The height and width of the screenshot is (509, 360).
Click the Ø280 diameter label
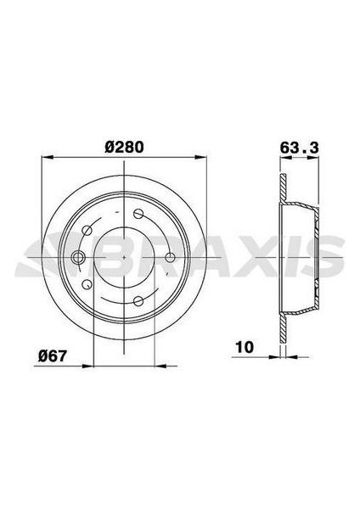pos(124,145)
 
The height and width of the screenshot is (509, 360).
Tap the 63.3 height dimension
pos(299,145)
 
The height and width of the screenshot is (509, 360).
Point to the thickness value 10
pos(244,347)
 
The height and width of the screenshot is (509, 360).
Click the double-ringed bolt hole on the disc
pos(78,258)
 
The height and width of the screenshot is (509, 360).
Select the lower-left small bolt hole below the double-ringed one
pos(87,285)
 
